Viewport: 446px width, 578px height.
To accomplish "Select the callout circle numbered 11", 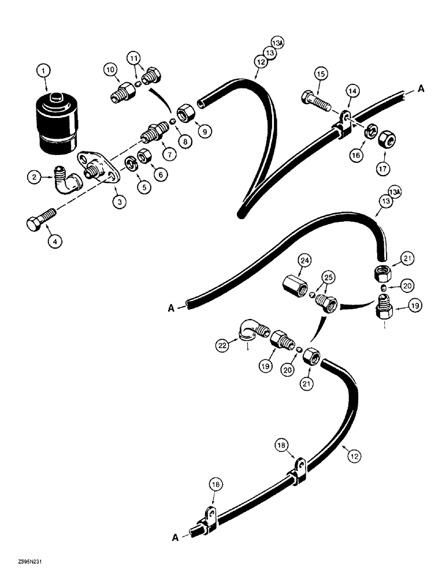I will [134, 59].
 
